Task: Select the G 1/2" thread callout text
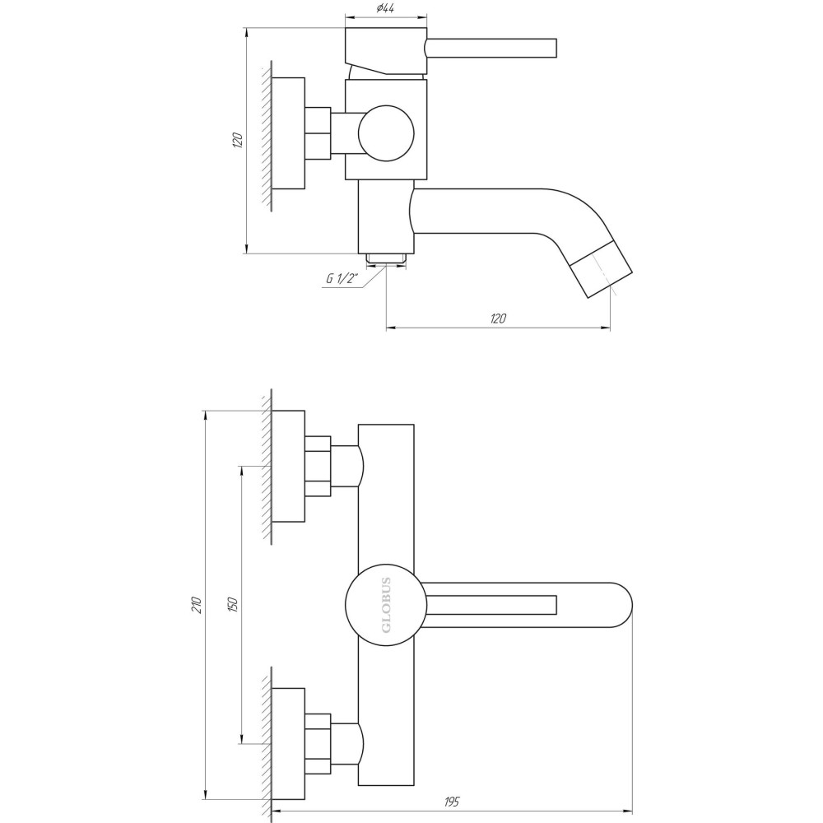[341, 278]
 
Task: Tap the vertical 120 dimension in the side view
[238, 140]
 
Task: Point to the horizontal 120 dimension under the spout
[497, 319]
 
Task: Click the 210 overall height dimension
[196, 605]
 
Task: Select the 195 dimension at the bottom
[452, 801]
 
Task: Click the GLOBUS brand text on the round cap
[386, 606]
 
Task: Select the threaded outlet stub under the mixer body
[386, 259]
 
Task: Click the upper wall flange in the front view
[288, 466]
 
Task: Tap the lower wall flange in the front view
[288, 744]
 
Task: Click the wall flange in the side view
[288, 133]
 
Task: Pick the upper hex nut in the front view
[318, 466]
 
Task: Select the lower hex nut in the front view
[318, 744]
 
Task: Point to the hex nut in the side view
[318, 133]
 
